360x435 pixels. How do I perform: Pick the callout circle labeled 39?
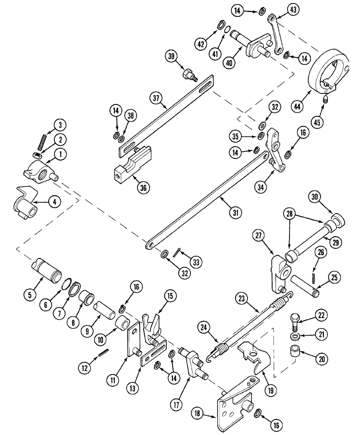(x=171, y=57)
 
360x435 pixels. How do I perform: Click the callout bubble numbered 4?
(x=54, y=201)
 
